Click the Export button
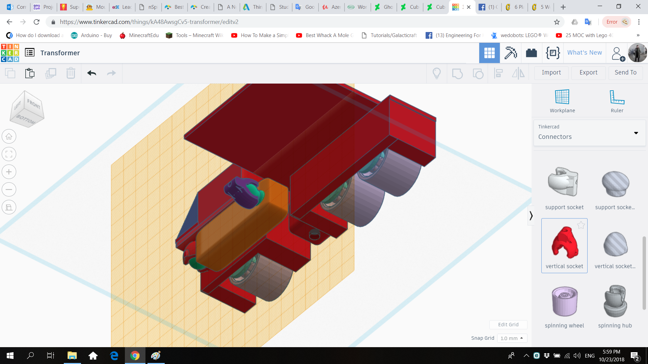click(588, 72)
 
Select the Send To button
click(625, 72)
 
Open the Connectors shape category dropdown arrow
click(636, 133)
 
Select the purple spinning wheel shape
click(564, 301)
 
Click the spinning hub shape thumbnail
click(615, 301)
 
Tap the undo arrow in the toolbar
click(91, 73)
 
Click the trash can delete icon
click(71, 73)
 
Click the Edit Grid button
click(508, 325)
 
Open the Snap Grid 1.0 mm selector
click(512, 338)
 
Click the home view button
click(9, 136)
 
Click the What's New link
click(585, 53)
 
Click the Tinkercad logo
click(10, 53)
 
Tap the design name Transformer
click(60, 53)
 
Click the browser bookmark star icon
click(557, 22)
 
